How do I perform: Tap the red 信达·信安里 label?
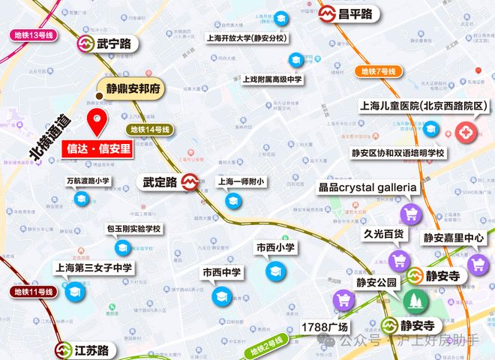click(x=97, y=148)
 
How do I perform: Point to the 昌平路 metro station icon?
click(x=326, y=13)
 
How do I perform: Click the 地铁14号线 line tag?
click(x=150, y=129)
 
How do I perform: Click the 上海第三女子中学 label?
click(x=93, y=268)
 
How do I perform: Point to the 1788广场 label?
click(x=325, y=328)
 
